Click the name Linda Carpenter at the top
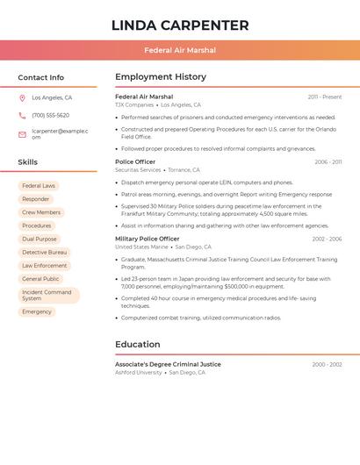[x=180, y=25]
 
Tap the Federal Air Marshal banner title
[x=180, y=51]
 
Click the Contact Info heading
[x=40, y=77]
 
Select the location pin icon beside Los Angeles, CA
[x=22, y=98]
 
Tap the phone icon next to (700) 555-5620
[x=22, y=115]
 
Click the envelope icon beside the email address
[x=22, y=134]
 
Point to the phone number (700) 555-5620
[x=50, y=115]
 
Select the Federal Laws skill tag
[x=39, y=186]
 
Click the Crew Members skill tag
[x=41, y=212]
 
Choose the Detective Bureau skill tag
[x=45, y=252]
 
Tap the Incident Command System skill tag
[x=48, y=296]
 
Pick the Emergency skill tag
[x=37, y=311]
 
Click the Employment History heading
[x=161, y=77]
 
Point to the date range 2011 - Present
[x=325, y=97]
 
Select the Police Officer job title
[x=135, y=161]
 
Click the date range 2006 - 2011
[x=328, y=162]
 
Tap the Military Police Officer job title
[x=147, y=239]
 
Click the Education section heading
[x=138, y=344]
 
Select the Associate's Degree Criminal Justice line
[x=168, y=364]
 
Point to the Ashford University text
[x=139, y=373]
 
